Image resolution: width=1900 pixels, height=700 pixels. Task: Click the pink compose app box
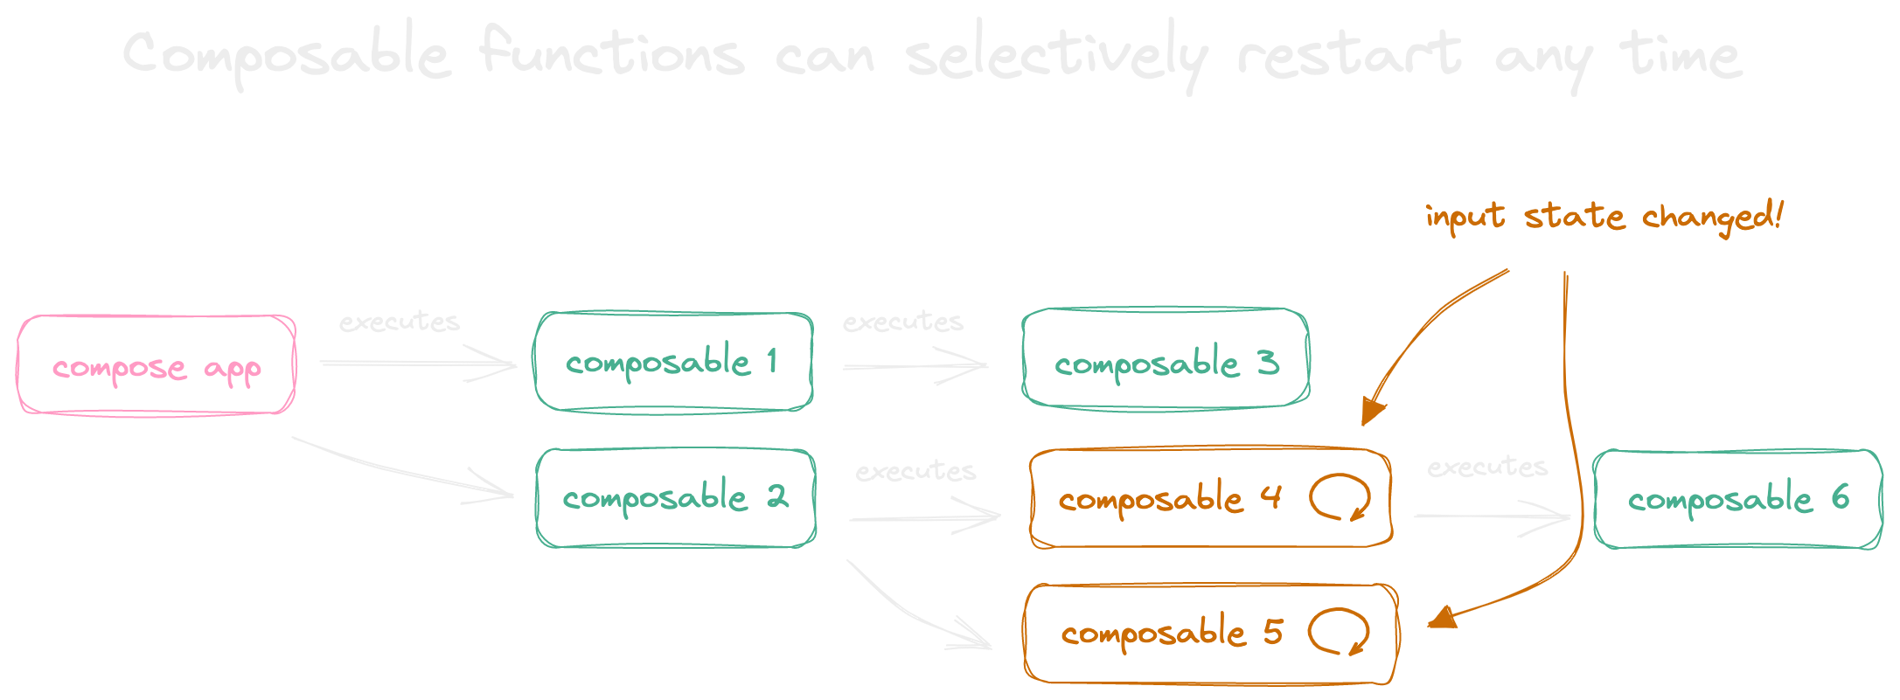[157, 364]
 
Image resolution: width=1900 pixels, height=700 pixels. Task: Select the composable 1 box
[674, 361]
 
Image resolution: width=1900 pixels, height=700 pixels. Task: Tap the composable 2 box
[676, 498]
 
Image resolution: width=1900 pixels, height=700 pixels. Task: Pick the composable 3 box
[1166, 358]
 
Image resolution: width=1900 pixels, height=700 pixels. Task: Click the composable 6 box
[1737, 499]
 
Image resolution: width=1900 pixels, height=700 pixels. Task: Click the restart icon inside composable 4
[1339, 497]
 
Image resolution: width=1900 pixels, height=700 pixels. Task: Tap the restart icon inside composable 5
[1338, 632]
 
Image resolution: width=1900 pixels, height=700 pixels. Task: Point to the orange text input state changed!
[1603, 216]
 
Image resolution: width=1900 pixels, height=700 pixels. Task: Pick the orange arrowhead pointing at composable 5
[1443, 618]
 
